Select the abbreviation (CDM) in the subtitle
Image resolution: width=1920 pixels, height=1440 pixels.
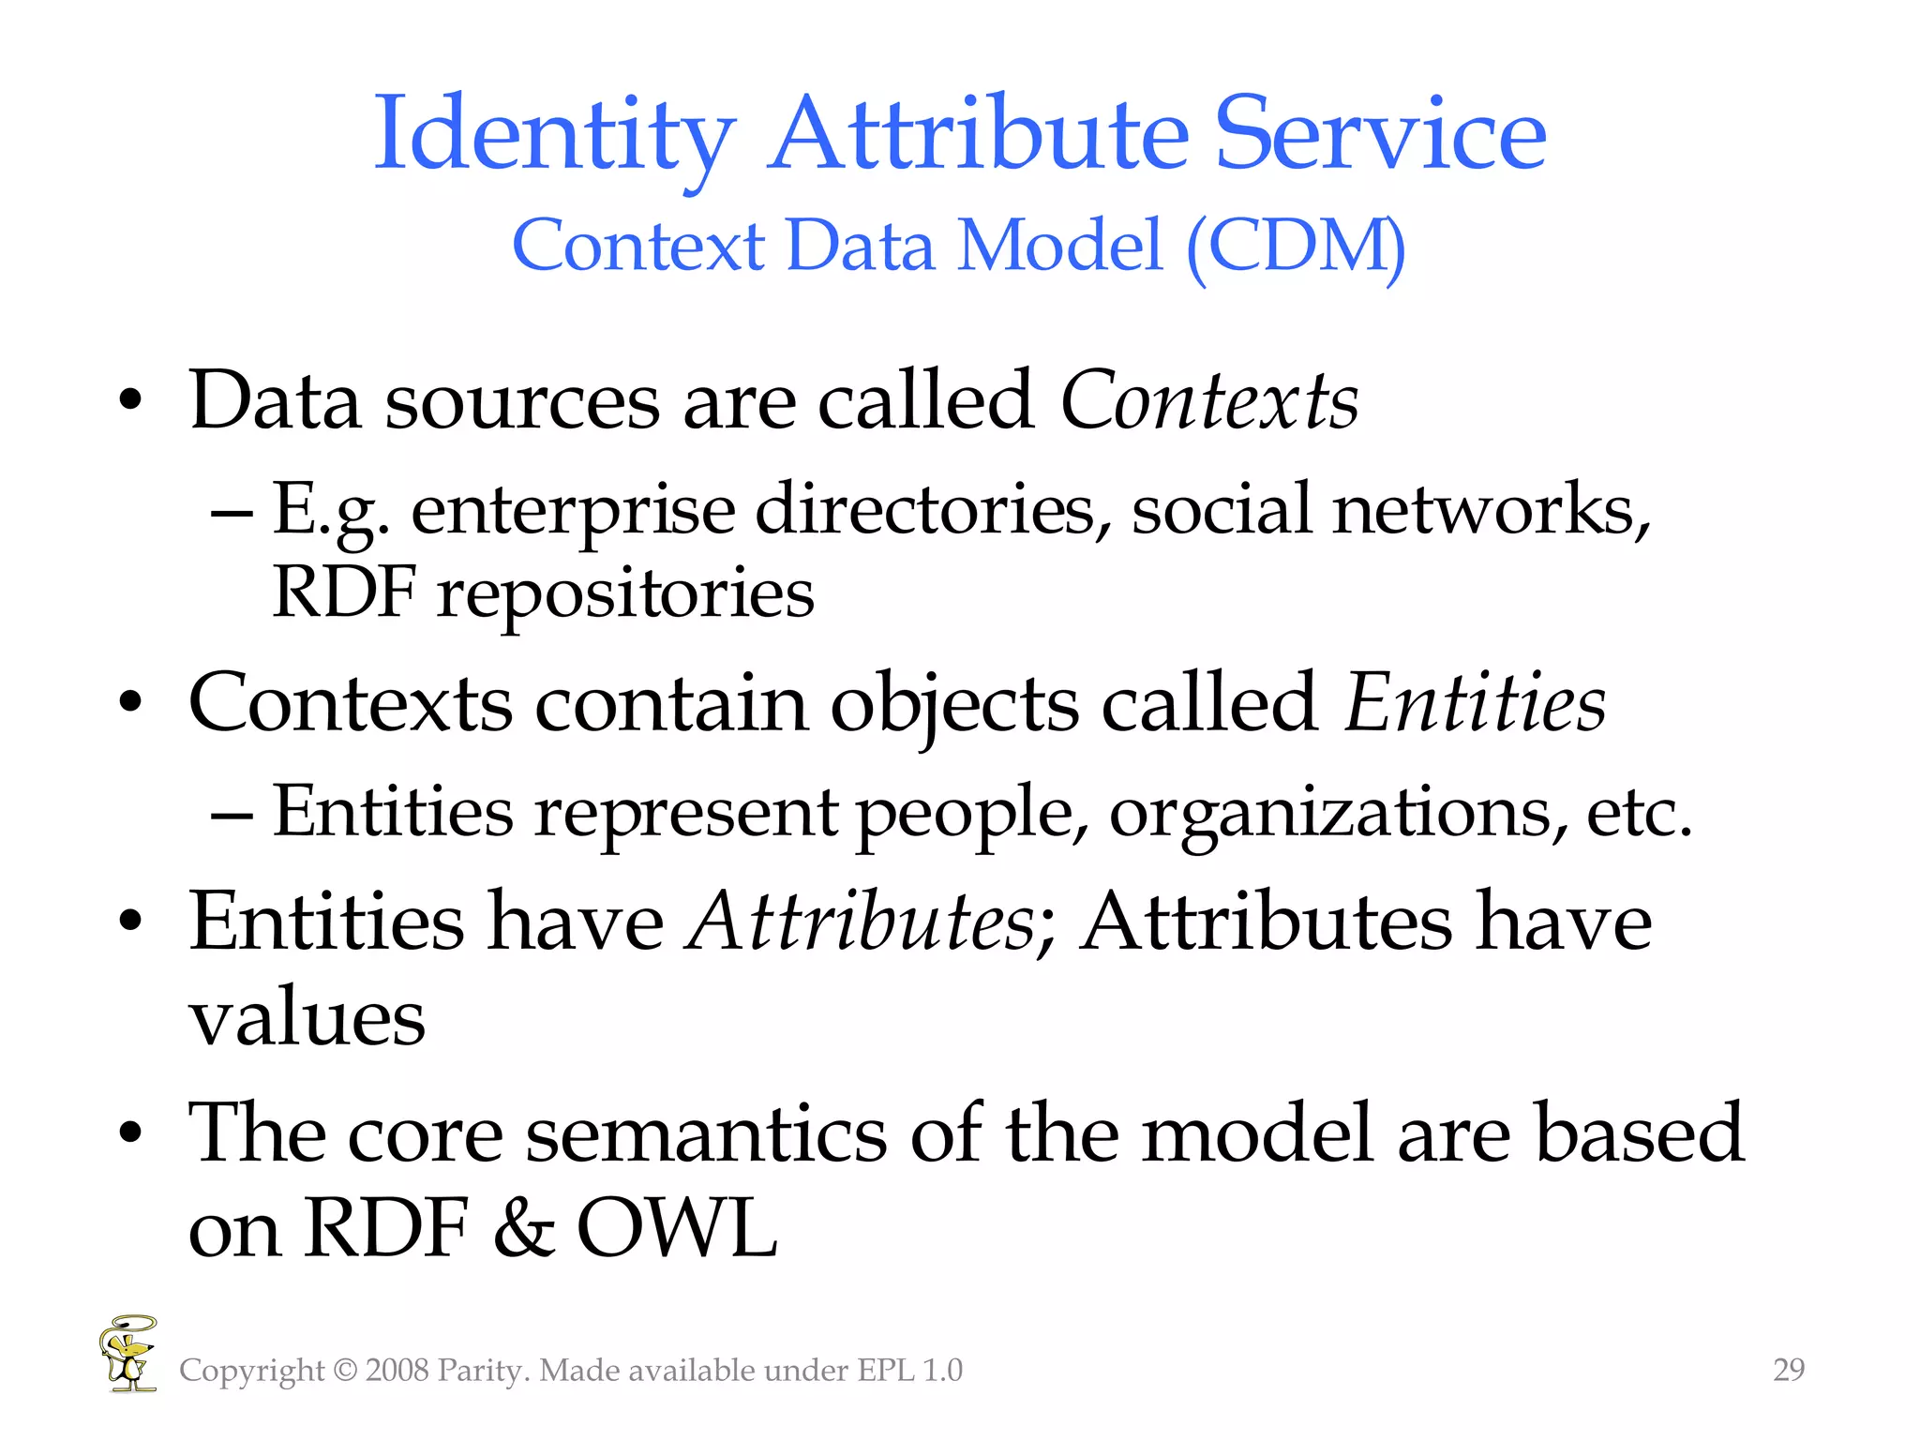(x=1296, y=246)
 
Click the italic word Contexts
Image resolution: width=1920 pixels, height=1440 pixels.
(x=1208, y=401)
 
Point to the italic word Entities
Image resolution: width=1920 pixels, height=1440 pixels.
(x=1475, y=703)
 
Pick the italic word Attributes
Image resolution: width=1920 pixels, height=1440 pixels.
(x=860, y=922)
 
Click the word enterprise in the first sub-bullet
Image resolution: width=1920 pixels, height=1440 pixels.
(x=573, y=511)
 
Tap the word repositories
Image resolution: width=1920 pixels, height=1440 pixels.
(x=625, y=593)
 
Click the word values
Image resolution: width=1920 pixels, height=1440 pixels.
(x=307, y=1018)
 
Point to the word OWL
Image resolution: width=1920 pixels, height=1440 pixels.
(x=676, y=1228)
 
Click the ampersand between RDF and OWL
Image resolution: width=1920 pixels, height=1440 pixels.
(x=522, y=1228)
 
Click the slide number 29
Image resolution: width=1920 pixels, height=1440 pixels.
(x=1789, y=1370)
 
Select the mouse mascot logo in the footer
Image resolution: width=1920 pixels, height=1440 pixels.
(x=128, y=1354)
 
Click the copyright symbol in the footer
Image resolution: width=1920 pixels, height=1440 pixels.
(x=345, y=1371)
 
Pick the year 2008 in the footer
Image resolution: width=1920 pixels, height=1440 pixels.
(x=397, y=1371)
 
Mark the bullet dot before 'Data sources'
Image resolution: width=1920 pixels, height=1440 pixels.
(x=131, y=402)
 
